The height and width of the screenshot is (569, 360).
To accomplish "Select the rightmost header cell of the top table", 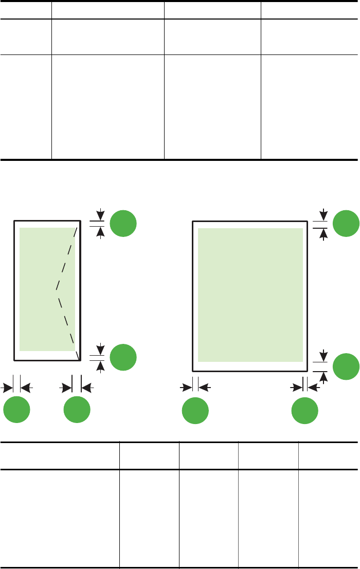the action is pos(309,9).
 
